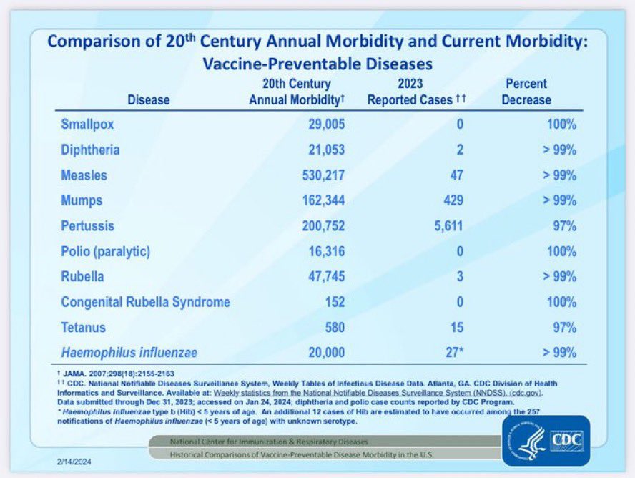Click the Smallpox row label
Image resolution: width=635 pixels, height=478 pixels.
(87, 125)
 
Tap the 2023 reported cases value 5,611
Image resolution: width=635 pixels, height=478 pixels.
(443, 226)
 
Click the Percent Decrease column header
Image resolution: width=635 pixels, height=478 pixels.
(526, 92)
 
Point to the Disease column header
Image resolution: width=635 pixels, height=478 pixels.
(148, 100)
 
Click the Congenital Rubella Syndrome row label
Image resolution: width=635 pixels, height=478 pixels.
(146, 302)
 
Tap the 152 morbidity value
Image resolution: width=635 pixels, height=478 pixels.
(334, 302)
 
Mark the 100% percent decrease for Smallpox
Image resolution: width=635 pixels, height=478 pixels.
(560, 125)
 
